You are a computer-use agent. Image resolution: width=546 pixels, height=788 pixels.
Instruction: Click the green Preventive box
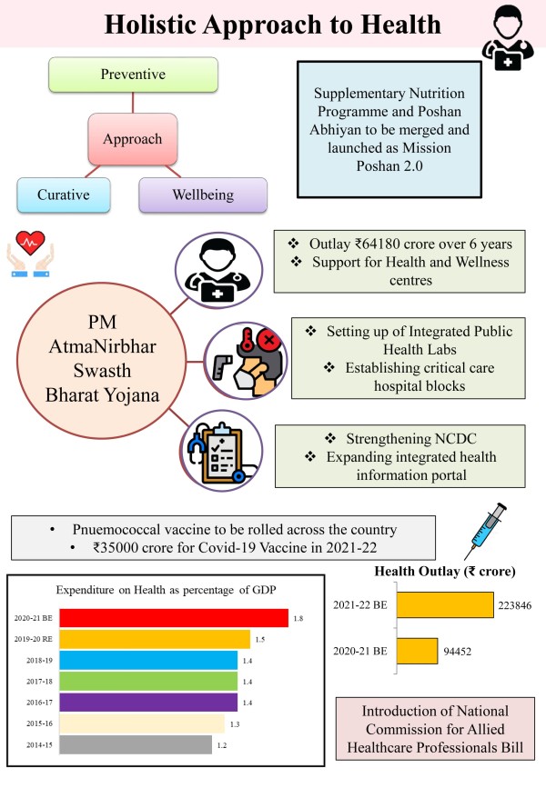[133, 74]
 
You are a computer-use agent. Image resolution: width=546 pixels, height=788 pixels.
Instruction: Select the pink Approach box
[132, 140]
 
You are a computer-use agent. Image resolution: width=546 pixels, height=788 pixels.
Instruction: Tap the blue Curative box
[63, 195]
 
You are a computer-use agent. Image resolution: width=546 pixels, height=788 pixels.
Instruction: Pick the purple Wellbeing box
[202, 195]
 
